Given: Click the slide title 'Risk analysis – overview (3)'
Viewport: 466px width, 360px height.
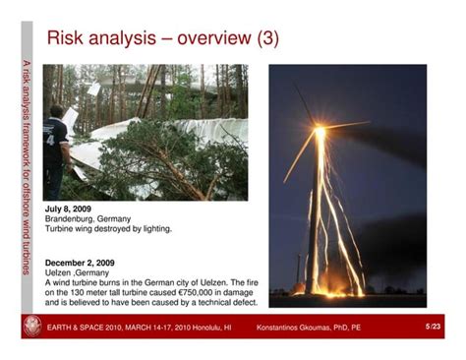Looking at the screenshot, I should click(162, 38).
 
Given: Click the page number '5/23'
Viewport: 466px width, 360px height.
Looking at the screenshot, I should click(432, 326).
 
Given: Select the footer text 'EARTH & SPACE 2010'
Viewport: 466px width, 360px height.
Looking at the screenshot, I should click(89, 327).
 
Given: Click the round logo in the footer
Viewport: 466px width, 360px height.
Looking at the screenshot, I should click(32, 327).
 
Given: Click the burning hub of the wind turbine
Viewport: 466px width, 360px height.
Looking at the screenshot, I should click(320, 133).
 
